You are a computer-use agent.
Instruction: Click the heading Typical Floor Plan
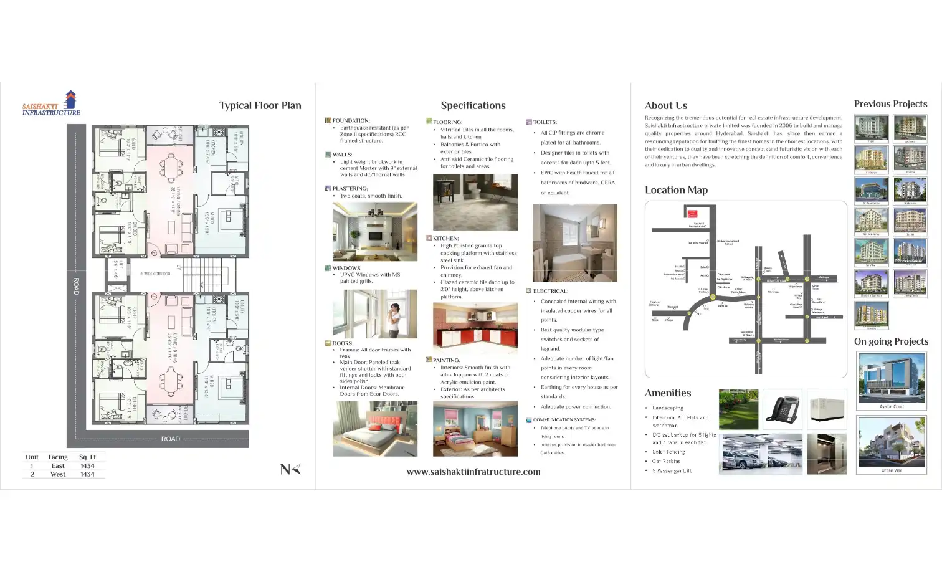click(260, 105)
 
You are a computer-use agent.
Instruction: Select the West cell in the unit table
click(58, 474)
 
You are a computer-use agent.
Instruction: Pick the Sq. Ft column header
click(87, 457)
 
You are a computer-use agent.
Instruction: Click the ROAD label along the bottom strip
click(171, 439)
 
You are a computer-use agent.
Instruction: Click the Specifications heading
click(473, 105)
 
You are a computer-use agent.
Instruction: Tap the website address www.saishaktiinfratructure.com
click(473, 472)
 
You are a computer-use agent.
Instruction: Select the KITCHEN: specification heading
click(445, 238)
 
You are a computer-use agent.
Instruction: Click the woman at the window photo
click(375, 314)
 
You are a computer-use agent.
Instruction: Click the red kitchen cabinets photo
click(475, 328)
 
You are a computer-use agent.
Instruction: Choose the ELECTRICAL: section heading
click(550, 291)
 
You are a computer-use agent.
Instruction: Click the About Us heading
click(666, 105)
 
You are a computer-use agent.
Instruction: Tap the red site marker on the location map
click(692, 214)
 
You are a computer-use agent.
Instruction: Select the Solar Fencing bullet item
click(668, 452)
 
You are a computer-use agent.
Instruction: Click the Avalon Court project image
click(891, 378)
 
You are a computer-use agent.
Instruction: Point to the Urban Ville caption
click(892, 470)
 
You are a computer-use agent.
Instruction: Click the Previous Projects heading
click(890, 104)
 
